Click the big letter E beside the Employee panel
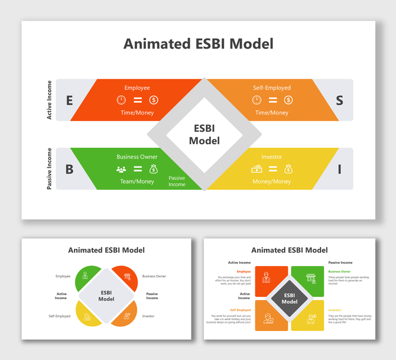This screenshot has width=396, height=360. coord(69,100)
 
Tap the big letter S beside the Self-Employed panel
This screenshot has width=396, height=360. coord(339,100)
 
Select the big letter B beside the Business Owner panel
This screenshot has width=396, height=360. coord(69,170)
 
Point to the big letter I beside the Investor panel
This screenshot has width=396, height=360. coord(339,170)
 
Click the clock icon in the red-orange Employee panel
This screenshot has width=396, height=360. coord(121,100)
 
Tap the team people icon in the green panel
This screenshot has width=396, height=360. coord(121,169)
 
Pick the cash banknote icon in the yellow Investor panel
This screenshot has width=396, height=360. coord(257,169)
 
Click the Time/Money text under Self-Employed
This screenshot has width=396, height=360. coord(272,112)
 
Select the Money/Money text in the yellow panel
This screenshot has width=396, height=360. coord(272,181)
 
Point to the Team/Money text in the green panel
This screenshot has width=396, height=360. coord(137,181)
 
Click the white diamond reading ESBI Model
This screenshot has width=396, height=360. coord(204,135)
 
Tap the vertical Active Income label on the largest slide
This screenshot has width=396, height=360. coord(50,100)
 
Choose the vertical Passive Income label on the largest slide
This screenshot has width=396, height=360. coord(50,169)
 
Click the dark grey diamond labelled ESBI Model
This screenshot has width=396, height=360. coord(290,298)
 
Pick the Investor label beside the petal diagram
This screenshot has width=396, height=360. coord(148,316)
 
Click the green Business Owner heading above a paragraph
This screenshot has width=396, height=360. coord(339,271)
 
